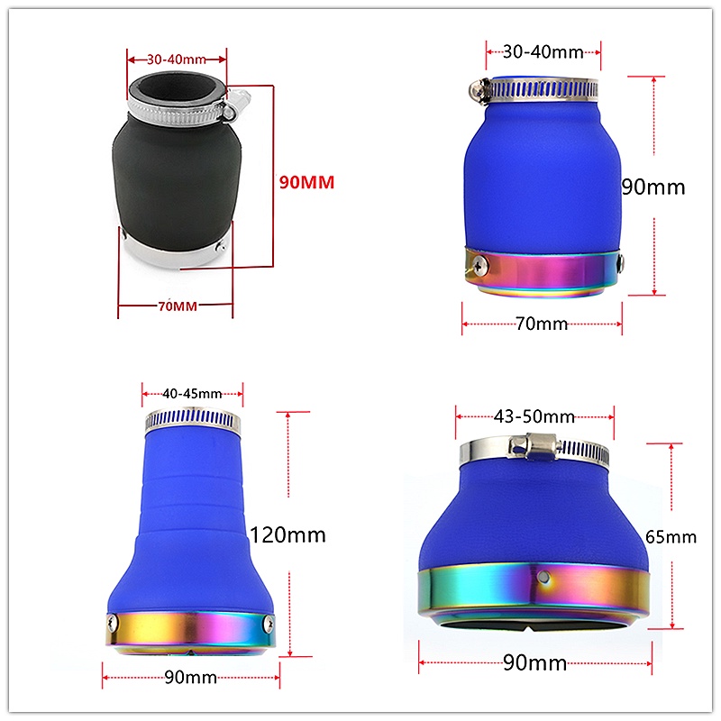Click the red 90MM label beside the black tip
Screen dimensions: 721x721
click(306, 183)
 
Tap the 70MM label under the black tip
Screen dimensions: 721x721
click(178, 306)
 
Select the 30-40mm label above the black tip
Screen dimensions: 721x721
click(177, 59)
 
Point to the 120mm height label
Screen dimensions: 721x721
click(287, 534)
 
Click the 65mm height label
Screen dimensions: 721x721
click(671, 537)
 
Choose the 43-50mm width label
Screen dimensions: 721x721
click(534, 416)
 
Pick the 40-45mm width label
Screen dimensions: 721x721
click(192, 394)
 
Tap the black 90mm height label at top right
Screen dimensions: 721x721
click(653, 187)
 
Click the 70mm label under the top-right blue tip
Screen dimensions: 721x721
click(542, 324)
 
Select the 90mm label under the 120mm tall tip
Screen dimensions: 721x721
click(191, 678)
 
